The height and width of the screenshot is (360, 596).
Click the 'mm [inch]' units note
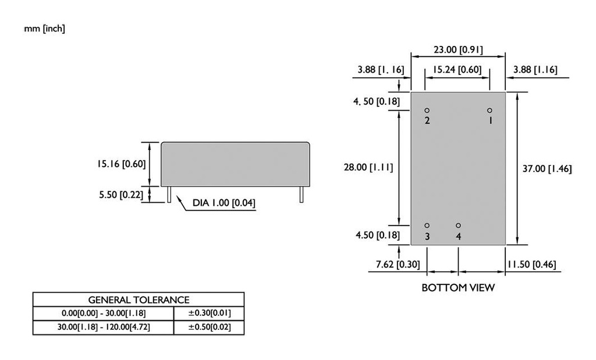click(x=44, y=28)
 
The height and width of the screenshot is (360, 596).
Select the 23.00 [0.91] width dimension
click(x=457, y=49)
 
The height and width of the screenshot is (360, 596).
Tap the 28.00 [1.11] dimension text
click(x=368, y=167)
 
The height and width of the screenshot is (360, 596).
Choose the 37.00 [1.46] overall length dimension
click(x=548, y=169)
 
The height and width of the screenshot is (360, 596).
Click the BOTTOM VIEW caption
click(x=458, y=287)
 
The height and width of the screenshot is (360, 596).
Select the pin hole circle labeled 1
click(x=489, y=111)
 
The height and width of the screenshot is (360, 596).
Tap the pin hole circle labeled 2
click(x=427, y=111)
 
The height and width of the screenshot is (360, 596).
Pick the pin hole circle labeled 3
click(x=427, y=225)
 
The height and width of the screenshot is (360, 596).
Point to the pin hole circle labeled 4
click(x=458, y=225)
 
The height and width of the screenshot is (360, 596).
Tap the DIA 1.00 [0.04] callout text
click(x=224, y=203)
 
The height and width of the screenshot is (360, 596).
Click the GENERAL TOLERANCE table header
click(x=139, y=300)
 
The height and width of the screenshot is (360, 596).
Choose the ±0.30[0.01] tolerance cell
click(x=209, y=313)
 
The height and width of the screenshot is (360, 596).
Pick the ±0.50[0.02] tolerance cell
click(x=209, y=327)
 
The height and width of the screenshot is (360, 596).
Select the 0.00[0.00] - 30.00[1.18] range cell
click(x=103, y=313)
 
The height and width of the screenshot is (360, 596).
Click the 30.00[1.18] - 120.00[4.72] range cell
click(x=103, y=327)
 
